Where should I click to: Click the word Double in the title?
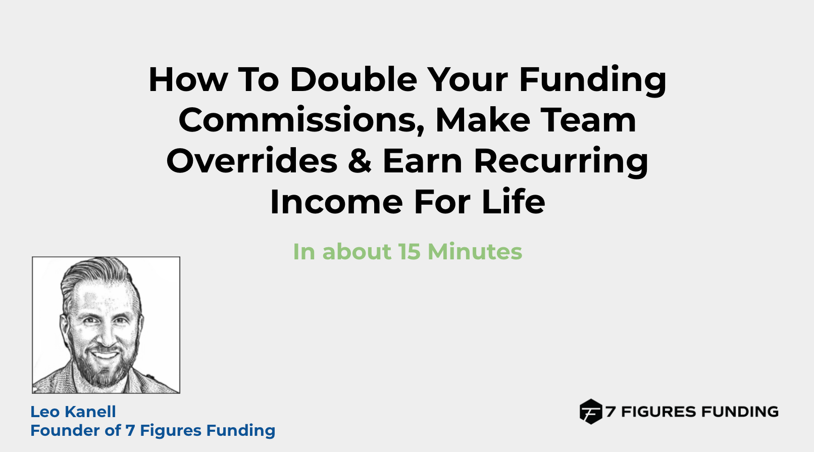353,79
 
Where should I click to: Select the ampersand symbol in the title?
360,160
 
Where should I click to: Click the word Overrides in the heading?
252,160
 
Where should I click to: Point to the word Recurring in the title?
561,162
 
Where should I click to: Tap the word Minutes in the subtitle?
475,251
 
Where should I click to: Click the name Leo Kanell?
73,412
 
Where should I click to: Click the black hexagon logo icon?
591,412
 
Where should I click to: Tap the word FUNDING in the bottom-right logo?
739,412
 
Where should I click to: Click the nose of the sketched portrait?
106,337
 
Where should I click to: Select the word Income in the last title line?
336,201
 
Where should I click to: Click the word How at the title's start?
188,79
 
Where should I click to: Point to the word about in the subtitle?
357,251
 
